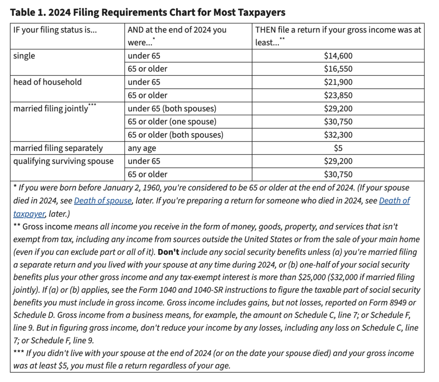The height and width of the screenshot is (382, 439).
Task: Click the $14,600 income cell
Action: [338, 56]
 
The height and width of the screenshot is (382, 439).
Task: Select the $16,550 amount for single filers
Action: [338, 69]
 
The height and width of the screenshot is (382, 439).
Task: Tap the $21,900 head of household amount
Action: [338, 82]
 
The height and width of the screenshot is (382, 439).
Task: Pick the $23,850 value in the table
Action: [338, 95]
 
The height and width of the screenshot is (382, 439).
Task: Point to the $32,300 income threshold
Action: [338, 135]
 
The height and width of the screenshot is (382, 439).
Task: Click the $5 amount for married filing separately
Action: [338, 148]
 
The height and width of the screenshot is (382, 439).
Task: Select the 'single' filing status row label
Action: [24, 56]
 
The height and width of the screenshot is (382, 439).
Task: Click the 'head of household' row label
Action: [47, 82]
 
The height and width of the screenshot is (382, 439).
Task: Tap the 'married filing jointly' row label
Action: [51, 108]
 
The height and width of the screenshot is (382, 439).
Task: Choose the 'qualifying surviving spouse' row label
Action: [63, 161]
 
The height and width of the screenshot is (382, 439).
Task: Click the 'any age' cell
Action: [142, 148]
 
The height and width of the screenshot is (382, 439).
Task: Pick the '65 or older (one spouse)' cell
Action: [172, 122]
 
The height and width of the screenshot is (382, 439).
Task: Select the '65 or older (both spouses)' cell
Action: [175, 135]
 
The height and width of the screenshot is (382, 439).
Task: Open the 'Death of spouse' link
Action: [102, 201]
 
